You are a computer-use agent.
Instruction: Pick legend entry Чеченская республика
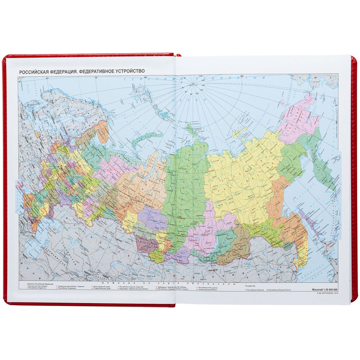(207, 289)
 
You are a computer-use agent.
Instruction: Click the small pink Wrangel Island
(236, 134)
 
